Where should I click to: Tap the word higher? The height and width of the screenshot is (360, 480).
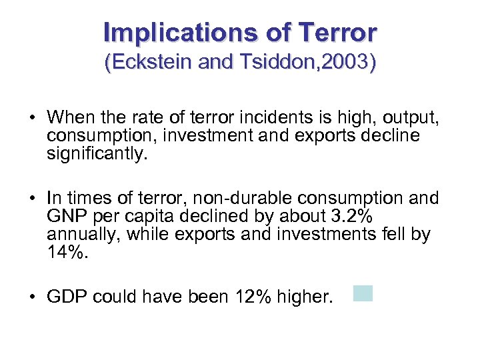coord(307,297)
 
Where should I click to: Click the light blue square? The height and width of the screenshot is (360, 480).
coord(363,293)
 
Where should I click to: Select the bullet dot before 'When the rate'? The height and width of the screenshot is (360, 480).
coord(32,119)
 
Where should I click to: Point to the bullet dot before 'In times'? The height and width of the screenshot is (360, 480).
coord(32,199)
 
